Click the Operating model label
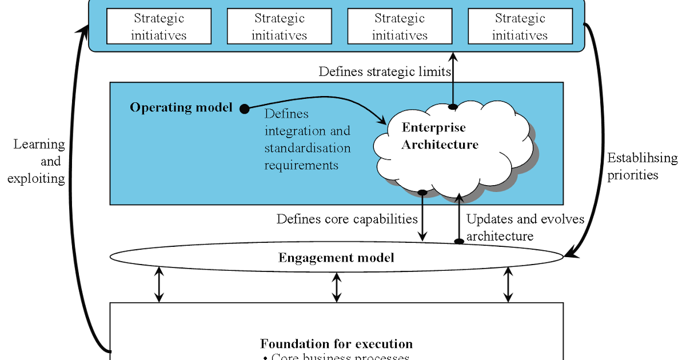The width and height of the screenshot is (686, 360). pyautogui.click(x=181, y=107)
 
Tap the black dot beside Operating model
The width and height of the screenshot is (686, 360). pyautogui.click(x=244, y=108)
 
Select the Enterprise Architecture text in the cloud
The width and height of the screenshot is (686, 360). pyautogui.click(x=439, y=136)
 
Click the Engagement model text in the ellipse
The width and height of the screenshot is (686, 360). pyautogui.click(x=336, y=258)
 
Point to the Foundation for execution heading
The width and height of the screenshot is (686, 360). pyautogui.click(x=336, y=344)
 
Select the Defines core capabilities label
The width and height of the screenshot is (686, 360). pyautogui.click(x=347, y=219)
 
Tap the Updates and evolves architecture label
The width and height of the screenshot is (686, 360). pyautogui.click(x=525, y=227)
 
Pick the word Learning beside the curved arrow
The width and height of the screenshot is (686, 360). pyautogui.click(x=39, y=144)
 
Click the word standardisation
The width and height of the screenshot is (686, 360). pyautogui.click(x=307, y=148)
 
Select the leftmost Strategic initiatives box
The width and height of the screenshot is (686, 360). pyautogui.click(x=159, y=27)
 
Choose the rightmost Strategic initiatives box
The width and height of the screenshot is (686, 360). pyautogui.click(x=520, y=27)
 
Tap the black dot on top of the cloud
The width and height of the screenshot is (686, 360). pyautogui.click(x=453, y=106)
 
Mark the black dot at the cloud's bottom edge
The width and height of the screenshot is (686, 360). pyautogui.click(x=422, y=193)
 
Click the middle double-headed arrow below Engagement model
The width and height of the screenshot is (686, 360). pyautogui.click(x=337, y=287)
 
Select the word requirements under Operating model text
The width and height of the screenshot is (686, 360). pyautogui.click(x=301, y=165)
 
